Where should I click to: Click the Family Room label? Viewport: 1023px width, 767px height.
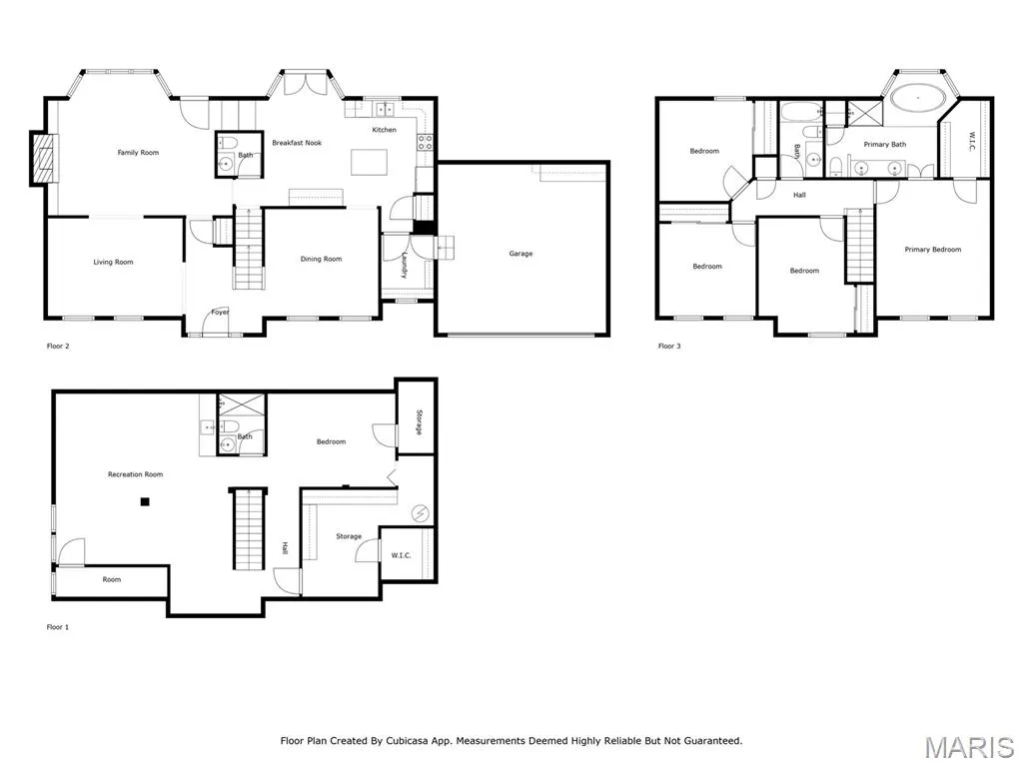click(x=138, y=153)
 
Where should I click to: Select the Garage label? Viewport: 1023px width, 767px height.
click(x=520, y=253)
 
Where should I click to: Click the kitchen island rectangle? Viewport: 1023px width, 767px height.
click(x=370, y=163)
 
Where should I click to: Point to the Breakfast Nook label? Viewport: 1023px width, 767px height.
click(x=297, y=142)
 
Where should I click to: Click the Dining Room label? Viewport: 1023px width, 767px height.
click(x=321, y=259)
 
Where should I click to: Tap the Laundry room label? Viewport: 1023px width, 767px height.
click(x=406, y=265)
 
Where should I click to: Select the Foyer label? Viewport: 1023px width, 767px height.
click(x=220, y=312)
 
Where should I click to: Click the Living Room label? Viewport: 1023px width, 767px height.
click(x=113, y=263)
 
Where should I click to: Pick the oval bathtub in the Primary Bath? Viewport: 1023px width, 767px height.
click(x=919, y=99)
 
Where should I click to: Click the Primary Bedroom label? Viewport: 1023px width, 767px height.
click(x=932, y=249)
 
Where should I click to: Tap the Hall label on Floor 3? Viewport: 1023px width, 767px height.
click(x=799, y=195)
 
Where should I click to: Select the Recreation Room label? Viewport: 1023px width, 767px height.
click(x=135, y=474)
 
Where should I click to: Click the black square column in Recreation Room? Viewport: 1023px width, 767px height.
click(x=145, y=501)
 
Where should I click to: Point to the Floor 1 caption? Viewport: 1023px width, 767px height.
click(x=57, y=627)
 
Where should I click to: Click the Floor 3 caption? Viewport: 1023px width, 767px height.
click(x=669, y=346)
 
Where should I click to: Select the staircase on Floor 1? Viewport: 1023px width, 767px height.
click(x=248, y=528)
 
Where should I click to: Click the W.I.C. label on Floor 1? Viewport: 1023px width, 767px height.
click(x=401, y=555)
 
